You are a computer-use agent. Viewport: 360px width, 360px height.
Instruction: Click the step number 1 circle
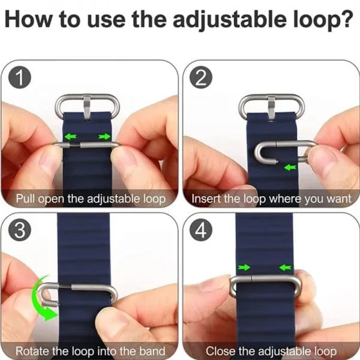20,77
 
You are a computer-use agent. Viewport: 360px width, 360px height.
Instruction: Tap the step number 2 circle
201,77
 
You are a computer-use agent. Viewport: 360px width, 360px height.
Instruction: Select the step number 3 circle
20,230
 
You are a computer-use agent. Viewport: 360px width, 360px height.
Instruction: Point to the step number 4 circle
201,230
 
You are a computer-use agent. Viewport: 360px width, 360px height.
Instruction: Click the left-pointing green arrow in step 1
70,137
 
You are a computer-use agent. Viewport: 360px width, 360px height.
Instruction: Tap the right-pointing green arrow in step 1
104,137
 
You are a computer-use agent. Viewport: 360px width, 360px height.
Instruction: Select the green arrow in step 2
290,167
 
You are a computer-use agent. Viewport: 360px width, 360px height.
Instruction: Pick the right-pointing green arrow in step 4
244,267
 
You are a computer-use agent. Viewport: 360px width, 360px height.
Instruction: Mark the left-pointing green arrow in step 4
286,267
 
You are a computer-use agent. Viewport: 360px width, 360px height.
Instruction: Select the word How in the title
28,19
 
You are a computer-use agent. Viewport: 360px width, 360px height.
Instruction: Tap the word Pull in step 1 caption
25,199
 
